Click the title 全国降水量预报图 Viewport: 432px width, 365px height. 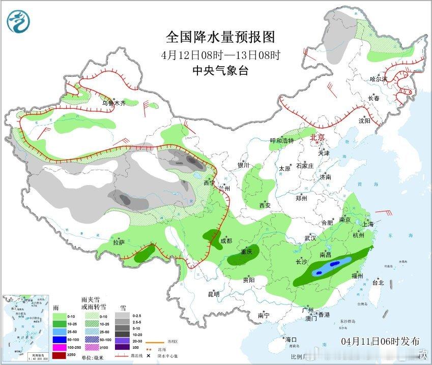pos(220,37)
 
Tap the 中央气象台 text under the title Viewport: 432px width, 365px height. pos(220,71)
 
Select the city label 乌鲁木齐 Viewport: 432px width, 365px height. pos(112,103)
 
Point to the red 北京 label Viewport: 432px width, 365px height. pos(317,137)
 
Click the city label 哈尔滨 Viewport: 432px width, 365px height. pos(379,79)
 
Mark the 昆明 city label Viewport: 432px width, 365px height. pos(213,294)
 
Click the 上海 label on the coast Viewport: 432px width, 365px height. pos(368,224)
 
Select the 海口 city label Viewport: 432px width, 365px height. pos(291,339)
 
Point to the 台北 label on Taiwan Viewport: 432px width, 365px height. pos(378,282)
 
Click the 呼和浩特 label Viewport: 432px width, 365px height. pos(282,140)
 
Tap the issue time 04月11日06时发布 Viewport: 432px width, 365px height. pos(381,341)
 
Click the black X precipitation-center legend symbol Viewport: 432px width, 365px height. pos(148,356)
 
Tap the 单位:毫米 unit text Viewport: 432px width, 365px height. pos(95,358)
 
